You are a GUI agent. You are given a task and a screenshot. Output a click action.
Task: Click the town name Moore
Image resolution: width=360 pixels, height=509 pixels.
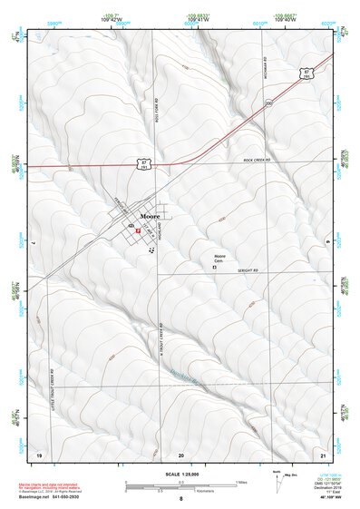point(151,217)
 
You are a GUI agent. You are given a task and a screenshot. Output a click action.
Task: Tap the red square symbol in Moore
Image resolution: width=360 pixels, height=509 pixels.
point(137,231)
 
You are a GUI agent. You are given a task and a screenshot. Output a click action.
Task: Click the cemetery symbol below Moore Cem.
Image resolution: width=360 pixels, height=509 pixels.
point(215,268)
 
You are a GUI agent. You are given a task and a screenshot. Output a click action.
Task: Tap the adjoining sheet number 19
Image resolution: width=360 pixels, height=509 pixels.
point(39,452)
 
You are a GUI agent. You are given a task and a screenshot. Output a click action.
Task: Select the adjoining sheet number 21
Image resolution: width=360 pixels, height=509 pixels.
point(322,452)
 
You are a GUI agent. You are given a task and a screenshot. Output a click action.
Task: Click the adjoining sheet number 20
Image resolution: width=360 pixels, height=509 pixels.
point(181,452)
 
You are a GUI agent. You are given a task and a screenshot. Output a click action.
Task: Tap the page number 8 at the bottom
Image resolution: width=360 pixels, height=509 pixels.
point(181,499)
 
